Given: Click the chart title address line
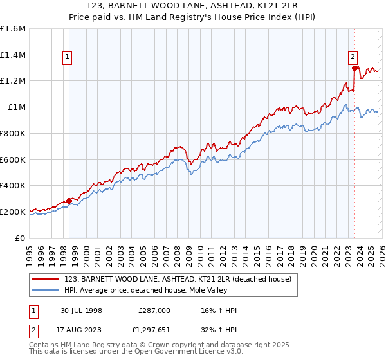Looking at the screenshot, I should point(193,7).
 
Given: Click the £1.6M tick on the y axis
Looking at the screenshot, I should point(13,29).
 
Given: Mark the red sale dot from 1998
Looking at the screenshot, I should point(69,200).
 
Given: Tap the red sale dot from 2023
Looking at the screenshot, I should point(354,68).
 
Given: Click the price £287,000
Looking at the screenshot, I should point(154,310).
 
